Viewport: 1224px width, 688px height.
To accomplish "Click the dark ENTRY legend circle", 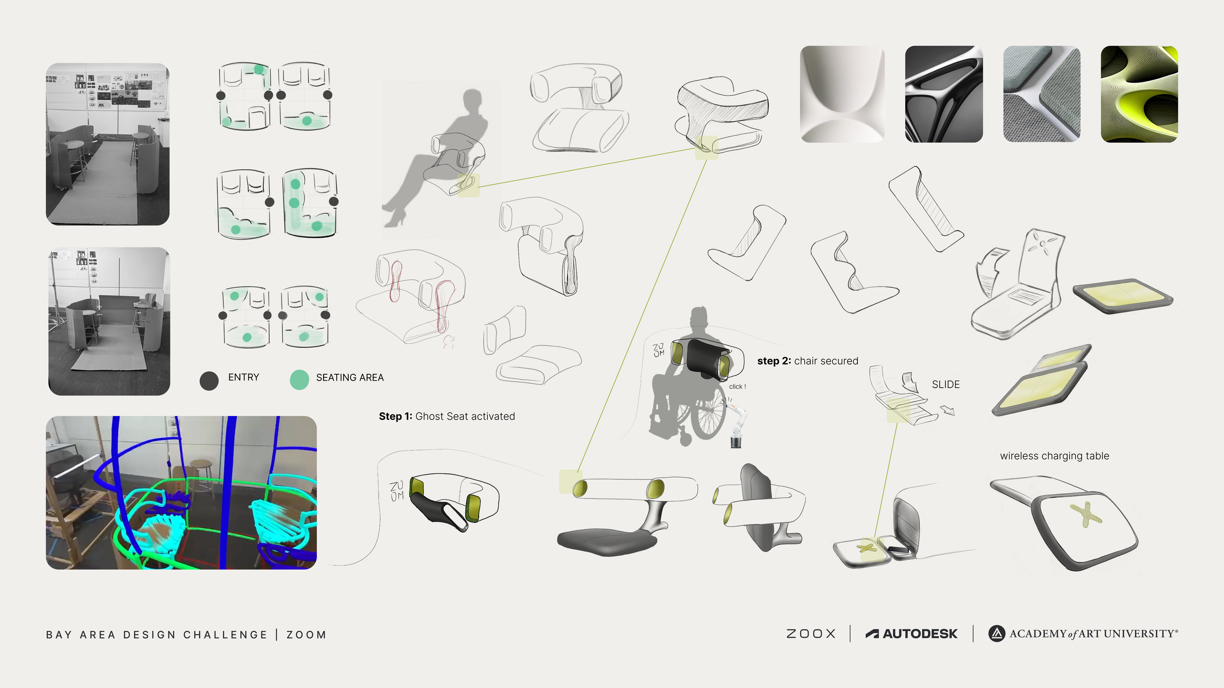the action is [209, 381].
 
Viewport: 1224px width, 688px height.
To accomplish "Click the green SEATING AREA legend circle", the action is [299, 380].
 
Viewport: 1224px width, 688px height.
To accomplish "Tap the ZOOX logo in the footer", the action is [811, 634].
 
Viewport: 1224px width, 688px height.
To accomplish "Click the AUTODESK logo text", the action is [911, 634].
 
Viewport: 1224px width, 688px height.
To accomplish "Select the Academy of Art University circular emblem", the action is [996, 634].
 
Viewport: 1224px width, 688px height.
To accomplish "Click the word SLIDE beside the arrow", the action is [946, 385].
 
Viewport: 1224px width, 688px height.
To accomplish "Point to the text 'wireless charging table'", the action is [1055, 456].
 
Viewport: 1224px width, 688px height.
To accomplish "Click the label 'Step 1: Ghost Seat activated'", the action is [447, 416].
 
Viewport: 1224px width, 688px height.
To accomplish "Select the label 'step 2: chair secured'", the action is [808, 361].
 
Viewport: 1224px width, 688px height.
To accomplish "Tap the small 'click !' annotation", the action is [737, 387].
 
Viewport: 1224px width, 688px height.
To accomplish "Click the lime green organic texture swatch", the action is [1139, 94].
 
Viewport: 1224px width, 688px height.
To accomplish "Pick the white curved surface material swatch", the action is [842, 94].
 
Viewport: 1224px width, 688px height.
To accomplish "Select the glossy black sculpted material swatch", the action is [944, 94].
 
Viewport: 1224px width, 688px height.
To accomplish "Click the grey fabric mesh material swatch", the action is [1042, 94].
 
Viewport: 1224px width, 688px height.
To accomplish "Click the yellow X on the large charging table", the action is [1085, 514].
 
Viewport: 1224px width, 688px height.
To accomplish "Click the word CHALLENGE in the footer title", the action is [225, 635].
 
